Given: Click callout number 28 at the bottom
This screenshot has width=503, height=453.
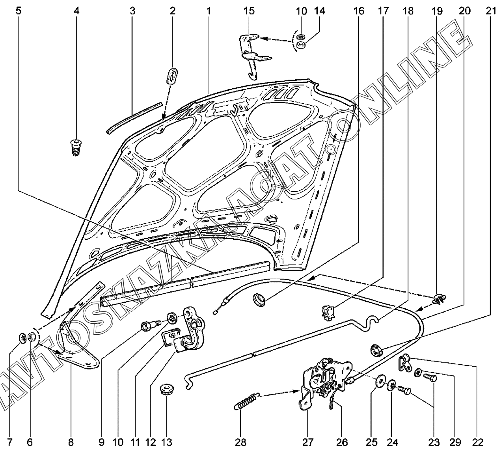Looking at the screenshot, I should [240, 442].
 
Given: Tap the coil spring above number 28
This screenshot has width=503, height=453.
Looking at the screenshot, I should [248, 400].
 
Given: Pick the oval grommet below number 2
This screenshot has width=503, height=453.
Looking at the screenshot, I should [172, 75].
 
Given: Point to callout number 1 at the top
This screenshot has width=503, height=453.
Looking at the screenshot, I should [208, 11].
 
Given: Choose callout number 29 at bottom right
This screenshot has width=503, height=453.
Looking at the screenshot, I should [455, 442].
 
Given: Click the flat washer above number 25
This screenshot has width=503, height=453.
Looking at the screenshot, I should [381, 380].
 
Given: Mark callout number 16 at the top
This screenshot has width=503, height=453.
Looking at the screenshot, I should [359, 11].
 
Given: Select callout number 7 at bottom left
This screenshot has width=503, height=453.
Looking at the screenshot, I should [10, 442].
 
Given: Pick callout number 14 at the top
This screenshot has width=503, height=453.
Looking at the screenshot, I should [320, 11].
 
